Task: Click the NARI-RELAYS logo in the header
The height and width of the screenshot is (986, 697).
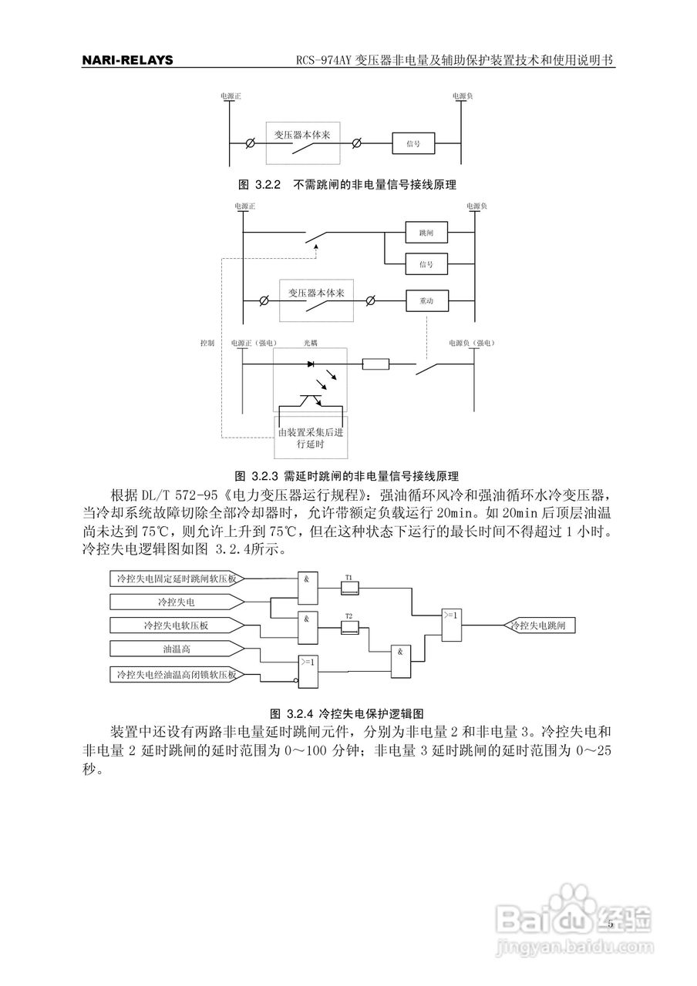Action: tap(127, 61)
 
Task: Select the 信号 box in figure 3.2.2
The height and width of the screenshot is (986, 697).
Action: tap(412, 143)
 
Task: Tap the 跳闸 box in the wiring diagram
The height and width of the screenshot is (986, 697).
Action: tap(426, 232)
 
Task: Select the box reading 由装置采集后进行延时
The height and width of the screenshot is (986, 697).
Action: tap(311, 438)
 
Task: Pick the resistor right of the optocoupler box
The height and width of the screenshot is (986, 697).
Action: tap(375, 364)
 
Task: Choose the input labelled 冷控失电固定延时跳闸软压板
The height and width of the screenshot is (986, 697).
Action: tap(177, 578)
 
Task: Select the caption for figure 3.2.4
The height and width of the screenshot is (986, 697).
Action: tap(348, 713)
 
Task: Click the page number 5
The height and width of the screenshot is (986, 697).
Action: tap(610, 924)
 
